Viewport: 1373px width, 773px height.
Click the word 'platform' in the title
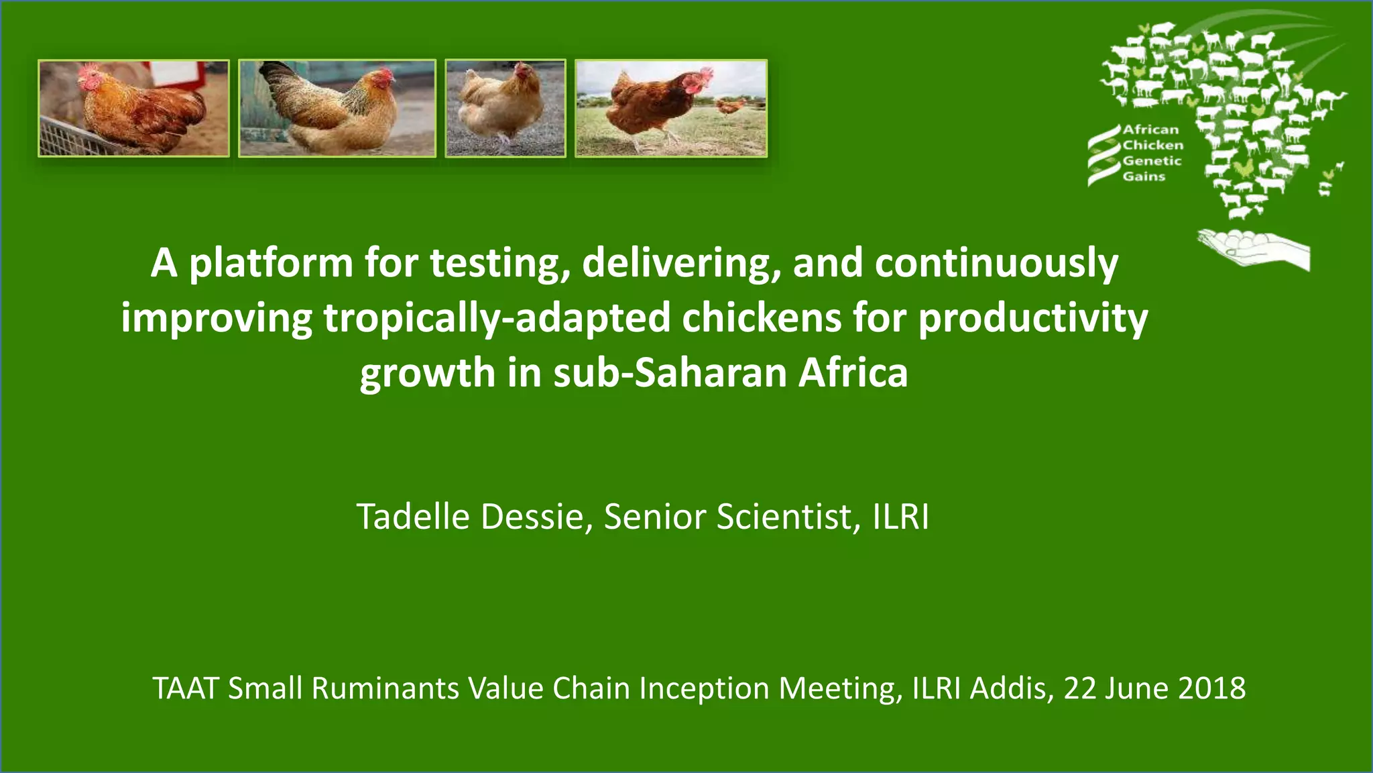click(x=270, y=263)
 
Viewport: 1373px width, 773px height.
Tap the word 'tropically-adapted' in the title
click(x=497, y=318)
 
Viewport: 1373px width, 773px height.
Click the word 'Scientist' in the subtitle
click(x=785, y=517)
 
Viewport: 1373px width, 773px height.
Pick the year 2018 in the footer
click(x=1211, y=688)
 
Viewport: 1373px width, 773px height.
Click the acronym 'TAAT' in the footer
click(x=186, y=688)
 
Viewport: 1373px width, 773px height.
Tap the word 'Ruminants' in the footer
click(x=385, y=688)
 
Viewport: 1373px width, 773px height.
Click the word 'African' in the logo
click(x=1150, y=130)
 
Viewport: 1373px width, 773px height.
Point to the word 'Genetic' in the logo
click(x=1152, y=161)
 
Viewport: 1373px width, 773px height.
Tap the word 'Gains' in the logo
click(x=1144, y=176)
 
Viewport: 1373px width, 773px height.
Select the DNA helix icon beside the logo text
click(x=1103, y=154)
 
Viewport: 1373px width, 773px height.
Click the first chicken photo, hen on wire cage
click(x=133, y=108)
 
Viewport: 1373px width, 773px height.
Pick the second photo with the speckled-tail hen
click(x=337, y=108)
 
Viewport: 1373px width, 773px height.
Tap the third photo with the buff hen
click(x=505, y=108)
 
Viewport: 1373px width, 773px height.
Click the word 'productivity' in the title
click(x=1032, y=318)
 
